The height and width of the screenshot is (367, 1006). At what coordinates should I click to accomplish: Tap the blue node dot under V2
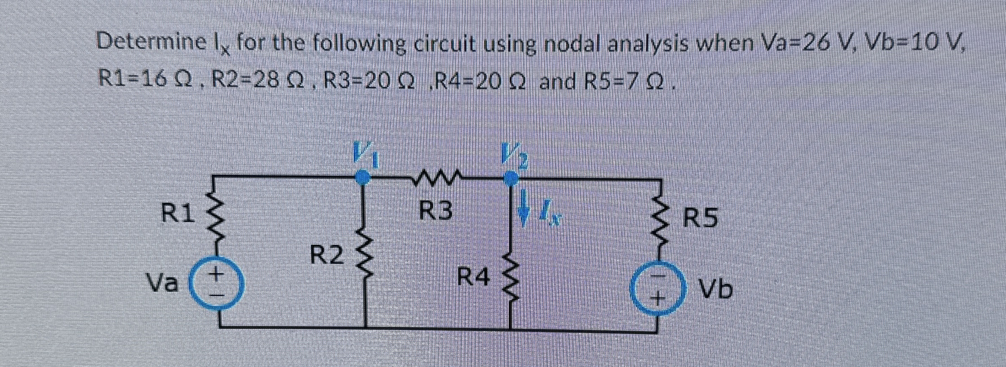511,178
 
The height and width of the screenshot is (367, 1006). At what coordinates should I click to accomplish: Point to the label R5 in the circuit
700,219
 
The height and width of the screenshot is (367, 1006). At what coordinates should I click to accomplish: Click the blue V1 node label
366,156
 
